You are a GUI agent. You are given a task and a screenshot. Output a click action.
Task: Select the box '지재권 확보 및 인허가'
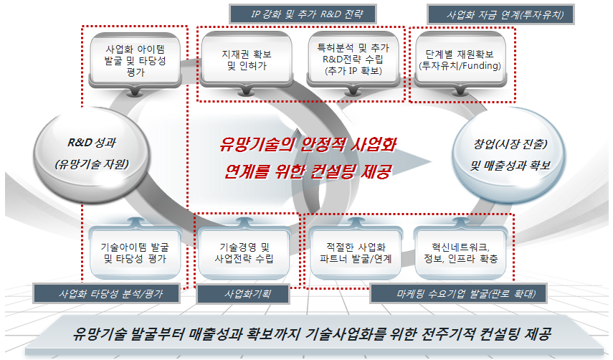click(247, 60)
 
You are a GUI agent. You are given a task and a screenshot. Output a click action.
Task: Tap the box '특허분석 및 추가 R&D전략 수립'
click(353, 60)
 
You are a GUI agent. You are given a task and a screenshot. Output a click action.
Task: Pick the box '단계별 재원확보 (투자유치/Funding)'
click(460, 60)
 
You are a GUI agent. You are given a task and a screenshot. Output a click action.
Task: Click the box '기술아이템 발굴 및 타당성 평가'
click(136, 252)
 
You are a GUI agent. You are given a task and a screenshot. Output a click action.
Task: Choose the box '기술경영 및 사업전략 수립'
click(244, 252)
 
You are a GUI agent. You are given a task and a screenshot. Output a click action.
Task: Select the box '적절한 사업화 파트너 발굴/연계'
click(356, 252)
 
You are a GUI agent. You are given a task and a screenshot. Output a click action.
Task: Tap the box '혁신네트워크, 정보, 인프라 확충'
click(460, 252)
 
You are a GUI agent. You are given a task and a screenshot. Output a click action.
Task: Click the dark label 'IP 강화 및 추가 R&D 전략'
click(303, 14)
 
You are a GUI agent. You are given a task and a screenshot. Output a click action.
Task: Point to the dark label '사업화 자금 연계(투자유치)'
click(501, 15)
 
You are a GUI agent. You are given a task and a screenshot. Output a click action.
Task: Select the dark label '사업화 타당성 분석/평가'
click(106, 293)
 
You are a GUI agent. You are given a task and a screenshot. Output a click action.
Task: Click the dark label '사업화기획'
click(243, 293)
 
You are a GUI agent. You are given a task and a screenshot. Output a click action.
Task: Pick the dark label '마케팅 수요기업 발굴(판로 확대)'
click(458, 293)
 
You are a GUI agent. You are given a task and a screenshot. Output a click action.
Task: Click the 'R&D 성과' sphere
click(92, 154)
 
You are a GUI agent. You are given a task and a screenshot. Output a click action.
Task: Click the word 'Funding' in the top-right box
click(483, 65)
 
